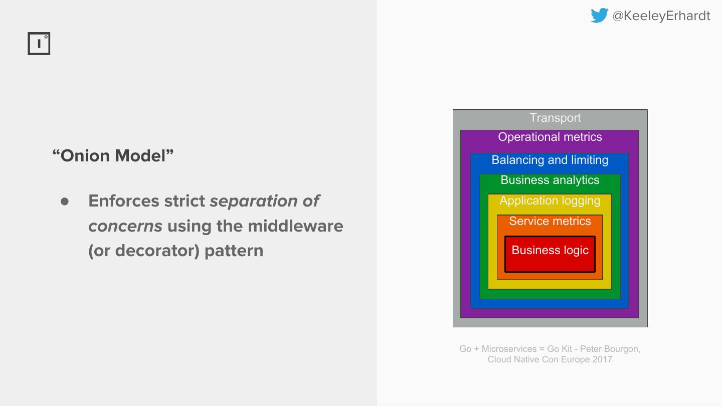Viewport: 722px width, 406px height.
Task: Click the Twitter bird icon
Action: coord(599,16)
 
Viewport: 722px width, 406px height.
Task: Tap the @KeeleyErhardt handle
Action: coord(661,16)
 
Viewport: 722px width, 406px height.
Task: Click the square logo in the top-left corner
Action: coord(39,44)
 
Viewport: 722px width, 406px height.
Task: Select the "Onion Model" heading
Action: coord(113,155)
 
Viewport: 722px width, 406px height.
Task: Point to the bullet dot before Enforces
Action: coord(64,201)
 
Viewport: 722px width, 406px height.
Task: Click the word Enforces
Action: coord(118,200)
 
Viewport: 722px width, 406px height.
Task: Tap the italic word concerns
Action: coord(125,226)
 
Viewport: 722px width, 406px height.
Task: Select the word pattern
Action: coord(234,250)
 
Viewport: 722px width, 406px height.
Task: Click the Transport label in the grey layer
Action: coord(555,118)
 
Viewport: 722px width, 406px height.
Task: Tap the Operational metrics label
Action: coord(550,137)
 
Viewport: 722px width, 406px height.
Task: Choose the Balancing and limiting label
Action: coord(550,160)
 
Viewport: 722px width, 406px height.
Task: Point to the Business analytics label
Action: coord(550,180)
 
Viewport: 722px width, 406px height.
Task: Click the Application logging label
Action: coord(550,200)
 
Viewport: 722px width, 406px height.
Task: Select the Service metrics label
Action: coord(550,221)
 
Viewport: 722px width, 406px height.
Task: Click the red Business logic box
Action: coord(550,254)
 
